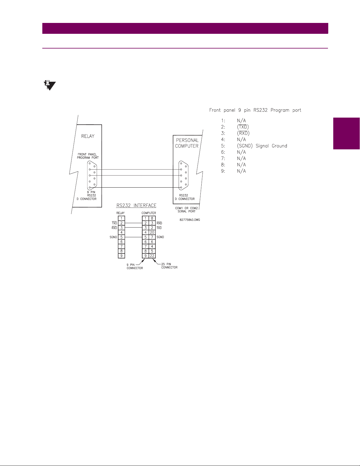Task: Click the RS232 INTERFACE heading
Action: tap(136, 206)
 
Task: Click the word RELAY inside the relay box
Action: tap(88, 136)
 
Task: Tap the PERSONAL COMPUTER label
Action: tap(187, 143)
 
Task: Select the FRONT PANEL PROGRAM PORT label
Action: tap(88, 156)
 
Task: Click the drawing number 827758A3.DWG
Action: tap(190, 220)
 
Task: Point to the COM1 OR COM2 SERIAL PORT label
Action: tap(186, 210)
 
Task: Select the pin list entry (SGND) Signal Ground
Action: tap(262, 146)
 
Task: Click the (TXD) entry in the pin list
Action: tap(243, 127)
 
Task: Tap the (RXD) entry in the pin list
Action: tap(243, 133)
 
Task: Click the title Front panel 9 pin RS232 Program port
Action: tap(255, 110)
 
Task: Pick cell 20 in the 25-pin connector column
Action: tap(152, 232)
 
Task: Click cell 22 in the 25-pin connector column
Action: tap(152, 256)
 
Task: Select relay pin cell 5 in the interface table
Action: tap(121, 237)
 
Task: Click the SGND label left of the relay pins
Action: tap(113, 237)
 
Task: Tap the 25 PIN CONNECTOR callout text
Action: tap(169, 266)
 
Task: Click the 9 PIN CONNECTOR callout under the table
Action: tap(135, 266)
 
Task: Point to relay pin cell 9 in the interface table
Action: tap(121, 256)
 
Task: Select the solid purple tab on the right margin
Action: tap(346, 133)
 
